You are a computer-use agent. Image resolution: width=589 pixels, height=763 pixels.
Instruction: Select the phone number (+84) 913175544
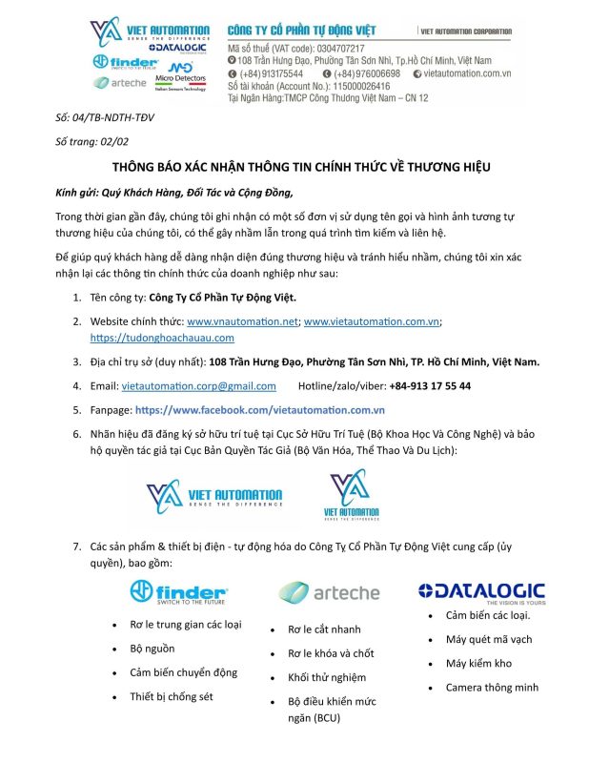point(272,73)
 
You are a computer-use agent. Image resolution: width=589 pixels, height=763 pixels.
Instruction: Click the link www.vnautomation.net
point(242,321)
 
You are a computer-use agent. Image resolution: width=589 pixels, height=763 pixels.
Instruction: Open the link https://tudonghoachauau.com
point(162,337)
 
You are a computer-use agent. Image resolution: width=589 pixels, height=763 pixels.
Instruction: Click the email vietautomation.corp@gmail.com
point(199,385)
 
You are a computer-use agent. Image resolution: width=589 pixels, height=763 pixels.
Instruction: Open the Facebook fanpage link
point(259,409)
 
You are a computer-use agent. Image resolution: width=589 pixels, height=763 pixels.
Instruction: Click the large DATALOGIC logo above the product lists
point(480,592)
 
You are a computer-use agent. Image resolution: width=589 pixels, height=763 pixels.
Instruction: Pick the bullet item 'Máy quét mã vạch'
point(488,639)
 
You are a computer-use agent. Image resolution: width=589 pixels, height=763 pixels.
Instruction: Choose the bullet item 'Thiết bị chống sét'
point(171,695)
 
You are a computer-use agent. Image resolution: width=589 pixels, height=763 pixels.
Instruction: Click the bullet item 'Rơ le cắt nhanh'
point(324,629)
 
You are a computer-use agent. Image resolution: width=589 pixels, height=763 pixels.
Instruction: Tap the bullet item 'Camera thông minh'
point(492,687)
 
